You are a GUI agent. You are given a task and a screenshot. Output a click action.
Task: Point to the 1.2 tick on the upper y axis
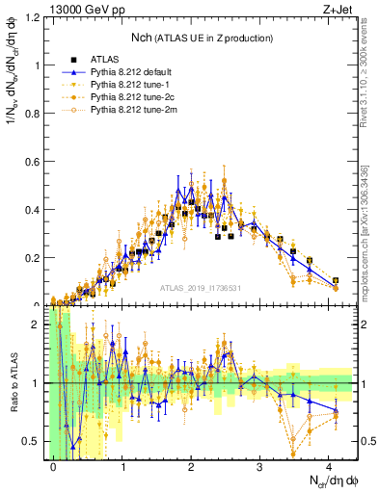click(x=36, y=18)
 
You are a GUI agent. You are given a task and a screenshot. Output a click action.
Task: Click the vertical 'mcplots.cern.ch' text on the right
click(x=367, y=231)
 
